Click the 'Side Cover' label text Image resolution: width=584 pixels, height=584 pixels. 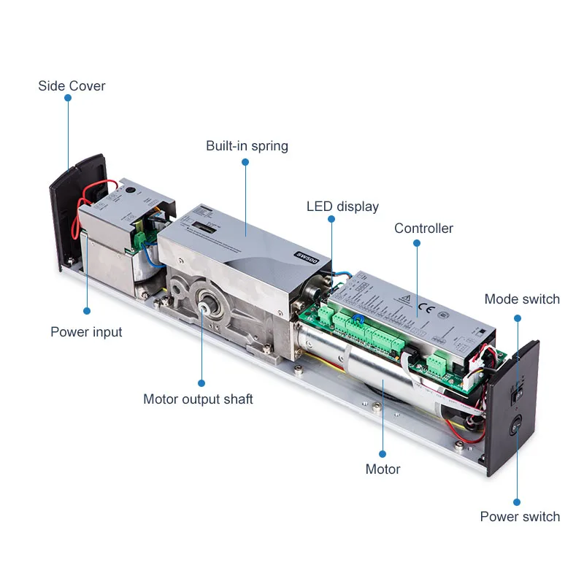pyautogui.click(x=72, y=86)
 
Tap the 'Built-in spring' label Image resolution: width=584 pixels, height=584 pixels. pyautogui.click(x=247, y=146)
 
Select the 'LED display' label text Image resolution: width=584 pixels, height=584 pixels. pyautogui.click(x=342, y=207)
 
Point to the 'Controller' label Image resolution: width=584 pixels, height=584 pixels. pyautogui.click(x=423, y=228)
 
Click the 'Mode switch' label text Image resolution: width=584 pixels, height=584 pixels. pyautogui.click(x=522, y=299)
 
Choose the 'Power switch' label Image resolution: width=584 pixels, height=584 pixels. pyautogui.click(x=520, y=517)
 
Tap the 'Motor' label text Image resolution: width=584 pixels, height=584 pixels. pyautogui.click(x=383, y=469)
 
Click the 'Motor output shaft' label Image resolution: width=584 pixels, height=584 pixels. pyautogui.click(x=198, y=399)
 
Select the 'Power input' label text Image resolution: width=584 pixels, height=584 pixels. pyautogui.click(x=86, y=332)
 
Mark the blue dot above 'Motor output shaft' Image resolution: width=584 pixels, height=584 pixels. pyautogui.click(x=201, y=383)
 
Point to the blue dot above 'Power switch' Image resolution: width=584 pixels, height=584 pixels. pyautogui.click(x=517, y=502)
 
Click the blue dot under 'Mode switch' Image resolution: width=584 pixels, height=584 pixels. pyautogui.click(x=517, y=318)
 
